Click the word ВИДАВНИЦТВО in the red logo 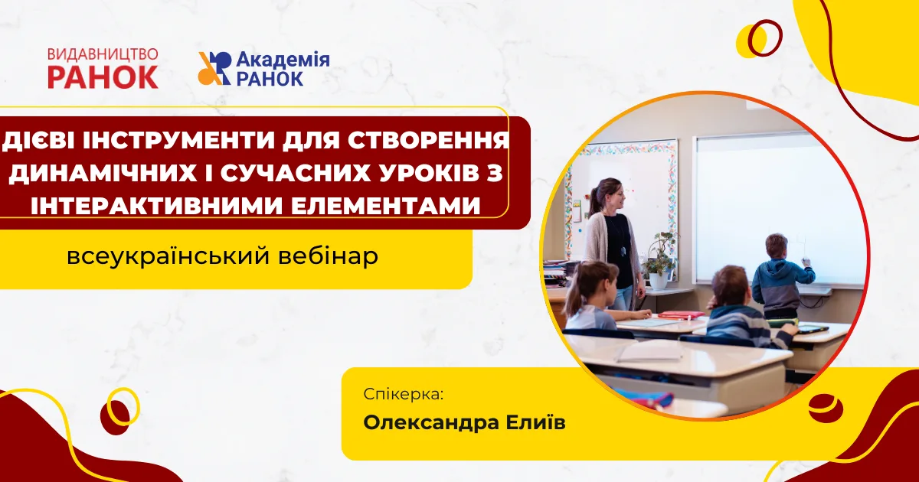(x=103, y=55)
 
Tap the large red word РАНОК (x=103, y=77)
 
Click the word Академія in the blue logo (x=283, y=60)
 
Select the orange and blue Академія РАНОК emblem (x=214, y=68)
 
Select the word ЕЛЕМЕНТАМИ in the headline (x=386, y=205)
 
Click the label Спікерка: (x=404, y=395)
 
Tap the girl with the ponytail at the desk (x=595, y=296)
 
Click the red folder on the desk (x=682, y=315)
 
